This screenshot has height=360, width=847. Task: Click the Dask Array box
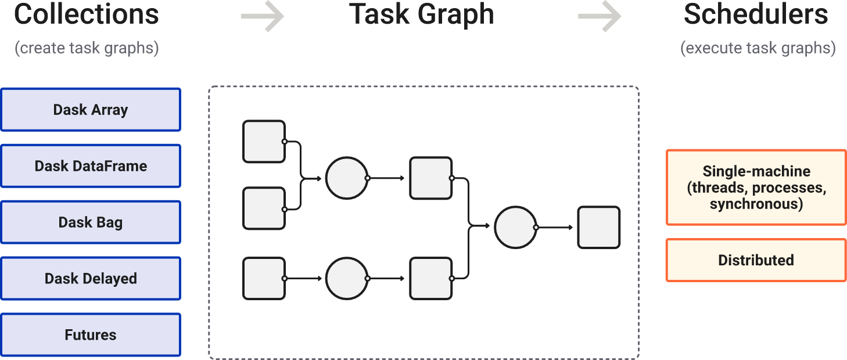(91, 110)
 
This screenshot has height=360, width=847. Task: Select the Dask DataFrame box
(91, 166)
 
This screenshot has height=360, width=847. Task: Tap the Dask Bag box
(91, 222)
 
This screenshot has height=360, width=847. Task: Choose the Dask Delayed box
(91, 279)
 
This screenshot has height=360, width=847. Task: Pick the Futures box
(91, 335)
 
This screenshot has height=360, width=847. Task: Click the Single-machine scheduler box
(756, 187)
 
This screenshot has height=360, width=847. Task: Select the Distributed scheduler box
(756, 260)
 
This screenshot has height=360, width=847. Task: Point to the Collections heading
(87, 14)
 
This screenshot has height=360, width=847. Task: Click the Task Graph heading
(422, 14)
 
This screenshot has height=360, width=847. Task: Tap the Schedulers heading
(756, 14)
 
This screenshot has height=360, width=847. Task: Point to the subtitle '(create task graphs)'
(87, 48)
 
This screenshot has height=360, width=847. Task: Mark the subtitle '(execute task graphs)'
(758, 48)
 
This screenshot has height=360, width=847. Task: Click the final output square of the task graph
(598, 228)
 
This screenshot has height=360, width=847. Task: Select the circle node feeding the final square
(515, 228)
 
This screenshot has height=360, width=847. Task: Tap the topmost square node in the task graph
(264, 142)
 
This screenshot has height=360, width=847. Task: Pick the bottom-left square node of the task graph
(264, 279)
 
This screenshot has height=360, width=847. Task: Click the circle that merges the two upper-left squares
(347, 178)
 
